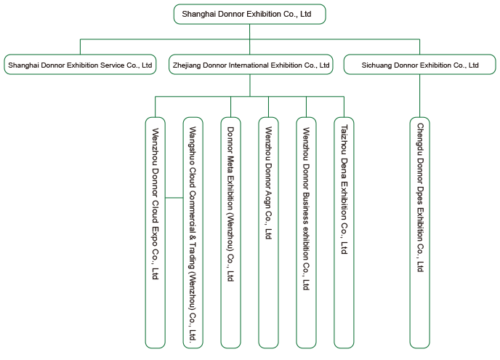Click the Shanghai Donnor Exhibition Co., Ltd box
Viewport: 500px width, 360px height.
pos(250,14)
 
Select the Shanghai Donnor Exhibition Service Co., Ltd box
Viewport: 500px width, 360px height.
pos(80,65)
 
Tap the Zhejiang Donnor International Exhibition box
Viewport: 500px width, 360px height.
pos(251,65)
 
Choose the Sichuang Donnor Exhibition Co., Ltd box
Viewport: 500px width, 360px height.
pos(419,65)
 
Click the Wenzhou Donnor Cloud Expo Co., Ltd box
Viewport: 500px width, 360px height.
pos(156,233)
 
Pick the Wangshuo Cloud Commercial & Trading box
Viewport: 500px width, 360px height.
pos(193,233)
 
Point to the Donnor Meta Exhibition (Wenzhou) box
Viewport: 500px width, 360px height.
pos(230,233)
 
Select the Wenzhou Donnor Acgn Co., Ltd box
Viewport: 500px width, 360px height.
pos(268,233)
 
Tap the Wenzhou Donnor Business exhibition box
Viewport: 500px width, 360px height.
pos(306,233)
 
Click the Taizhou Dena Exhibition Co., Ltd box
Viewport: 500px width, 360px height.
pos(344,233)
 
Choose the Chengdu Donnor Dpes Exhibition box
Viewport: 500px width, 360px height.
pos(419,233)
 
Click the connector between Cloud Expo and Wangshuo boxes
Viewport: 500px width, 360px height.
pos(174,198)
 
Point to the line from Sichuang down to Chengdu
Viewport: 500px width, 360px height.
pos(419,96)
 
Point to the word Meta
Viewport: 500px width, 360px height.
pos(230,164)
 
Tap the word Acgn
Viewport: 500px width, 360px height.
pos(268,199)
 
